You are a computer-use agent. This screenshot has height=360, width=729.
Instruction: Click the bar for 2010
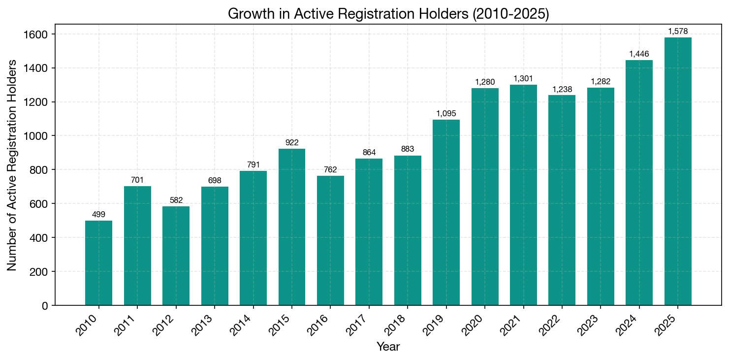point(98,263)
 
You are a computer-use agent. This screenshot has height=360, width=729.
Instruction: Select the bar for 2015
point(292,227)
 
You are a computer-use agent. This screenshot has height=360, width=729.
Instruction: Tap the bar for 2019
point(446,212)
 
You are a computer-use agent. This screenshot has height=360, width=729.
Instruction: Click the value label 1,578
point(678,32)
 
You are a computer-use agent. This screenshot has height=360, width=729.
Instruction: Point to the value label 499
point(98,214)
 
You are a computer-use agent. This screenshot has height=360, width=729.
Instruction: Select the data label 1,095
point(446,113)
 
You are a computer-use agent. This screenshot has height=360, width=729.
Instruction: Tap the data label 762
point(330,170)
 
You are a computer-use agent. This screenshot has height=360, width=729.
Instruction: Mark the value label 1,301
point(523,78)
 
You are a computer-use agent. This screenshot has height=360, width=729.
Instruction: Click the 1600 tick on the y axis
point(37,34)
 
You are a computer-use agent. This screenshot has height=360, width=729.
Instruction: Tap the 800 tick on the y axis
point(40,170)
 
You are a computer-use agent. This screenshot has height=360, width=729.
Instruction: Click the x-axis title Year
point(388,347)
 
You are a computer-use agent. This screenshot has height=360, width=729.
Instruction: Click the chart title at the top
point(388,14)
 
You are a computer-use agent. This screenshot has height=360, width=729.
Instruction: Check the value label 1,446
point(639,54)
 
